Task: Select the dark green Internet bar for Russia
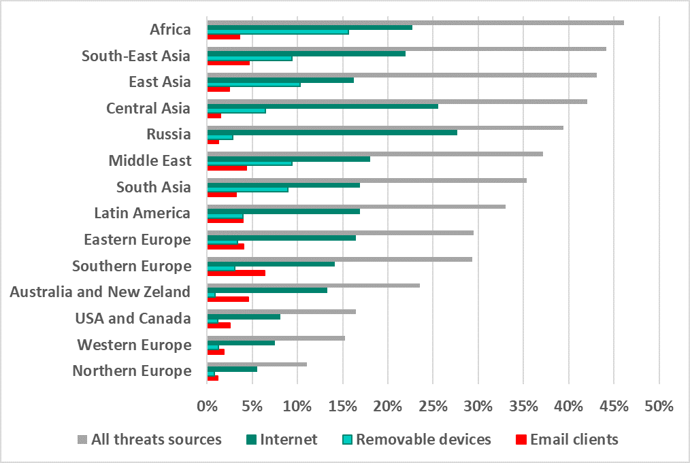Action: (332, 132)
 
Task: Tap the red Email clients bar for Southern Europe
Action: (236, 273)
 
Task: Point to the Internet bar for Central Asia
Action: (323, 106)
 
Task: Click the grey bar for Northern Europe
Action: (257, 364)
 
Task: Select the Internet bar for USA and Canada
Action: (244, 316)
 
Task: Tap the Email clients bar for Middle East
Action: (227, 167)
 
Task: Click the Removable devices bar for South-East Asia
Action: (250, 58)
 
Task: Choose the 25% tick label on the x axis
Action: (433, 407)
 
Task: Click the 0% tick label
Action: (207, 407)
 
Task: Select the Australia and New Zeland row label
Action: (100, 292)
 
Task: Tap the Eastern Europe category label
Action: (137, 239)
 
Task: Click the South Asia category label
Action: (154, 187)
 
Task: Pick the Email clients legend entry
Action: (574, 439)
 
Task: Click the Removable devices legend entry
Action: (423, 439)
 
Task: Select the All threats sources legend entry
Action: (157, 439)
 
